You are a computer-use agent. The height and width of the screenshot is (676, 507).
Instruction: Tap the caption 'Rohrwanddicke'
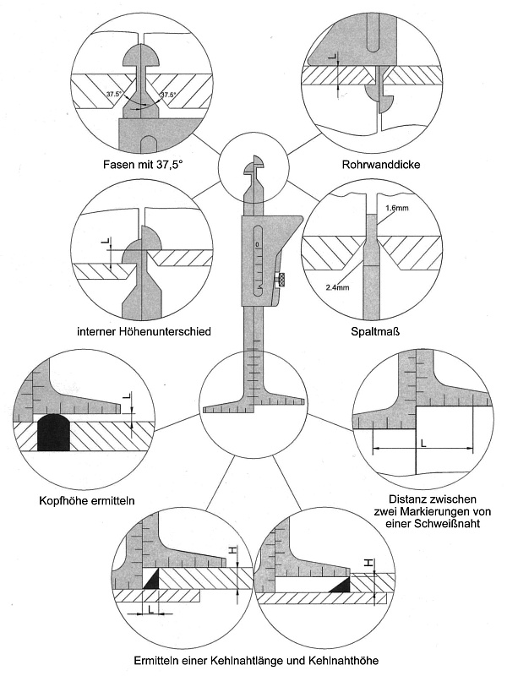(365, 164)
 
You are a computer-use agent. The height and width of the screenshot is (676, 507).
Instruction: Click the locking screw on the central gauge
(281, 279)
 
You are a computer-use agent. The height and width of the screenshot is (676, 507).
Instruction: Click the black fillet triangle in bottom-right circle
(341, 585)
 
